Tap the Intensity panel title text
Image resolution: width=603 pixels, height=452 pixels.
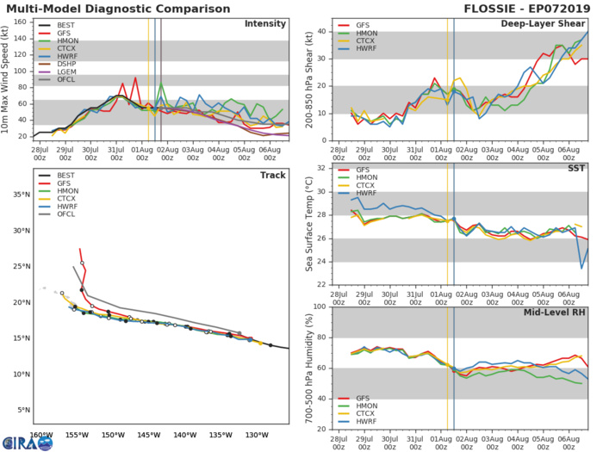(265, 23)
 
